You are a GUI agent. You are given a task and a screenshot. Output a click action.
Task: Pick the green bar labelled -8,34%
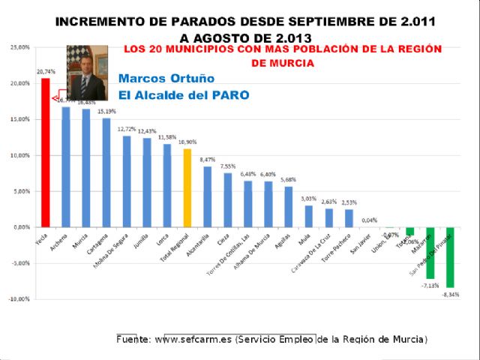pos(450,257)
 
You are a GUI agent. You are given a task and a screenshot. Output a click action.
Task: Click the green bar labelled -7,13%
pos(430,253)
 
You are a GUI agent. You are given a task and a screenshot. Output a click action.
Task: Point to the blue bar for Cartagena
pos(106,172)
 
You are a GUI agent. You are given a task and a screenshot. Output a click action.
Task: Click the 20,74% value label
pos(45,72)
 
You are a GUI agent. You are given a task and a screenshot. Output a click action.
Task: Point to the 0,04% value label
pos(369,220)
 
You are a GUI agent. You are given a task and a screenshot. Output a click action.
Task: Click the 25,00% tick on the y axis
pos(19,47)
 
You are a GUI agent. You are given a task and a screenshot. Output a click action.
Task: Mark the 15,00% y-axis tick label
pos(19,119)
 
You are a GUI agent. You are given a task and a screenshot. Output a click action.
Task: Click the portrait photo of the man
pos(86,73)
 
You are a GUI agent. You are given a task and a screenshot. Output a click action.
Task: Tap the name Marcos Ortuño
pos(166,79)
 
